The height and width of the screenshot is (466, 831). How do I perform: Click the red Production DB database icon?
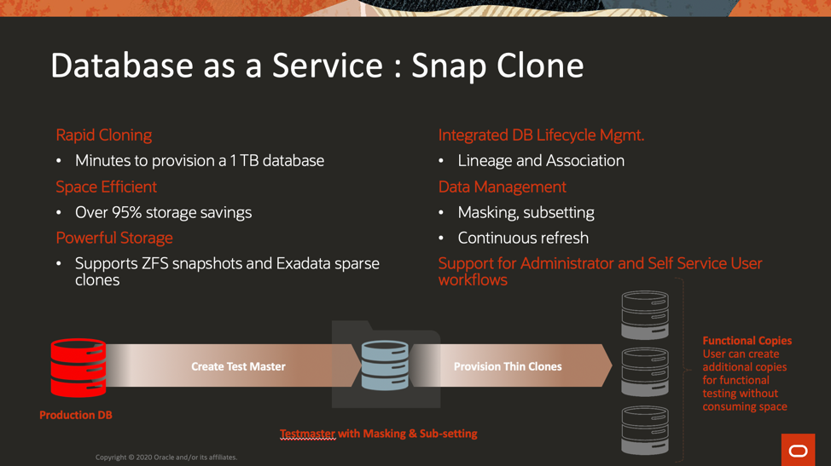pos(78,368)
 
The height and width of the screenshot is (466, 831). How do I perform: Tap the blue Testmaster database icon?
pos(385,365)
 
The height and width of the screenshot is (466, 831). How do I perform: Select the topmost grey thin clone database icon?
pos(645,314)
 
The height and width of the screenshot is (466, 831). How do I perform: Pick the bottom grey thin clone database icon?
pos(645,430)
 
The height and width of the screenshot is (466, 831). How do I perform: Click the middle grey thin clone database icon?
pos(645,372)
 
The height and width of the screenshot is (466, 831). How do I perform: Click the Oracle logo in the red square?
pos(798,450)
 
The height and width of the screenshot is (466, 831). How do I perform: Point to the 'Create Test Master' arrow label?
pos(239,366)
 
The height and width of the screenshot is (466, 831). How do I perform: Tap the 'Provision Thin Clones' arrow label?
pos(508,366)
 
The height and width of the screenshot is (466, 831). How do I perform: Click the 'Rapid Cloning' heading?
pos(104,135)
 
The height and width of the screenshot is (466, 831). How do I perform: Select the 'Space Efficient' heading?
pos(106,187)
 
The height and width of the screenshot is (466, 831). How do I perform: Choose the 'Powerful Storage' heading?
pos(114,238)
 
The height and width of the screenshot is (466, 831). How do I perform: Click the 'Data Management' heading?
pos(502,187)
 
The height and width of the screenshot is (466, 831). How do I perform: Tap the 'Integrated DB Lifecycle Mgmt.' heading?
pos(541,135)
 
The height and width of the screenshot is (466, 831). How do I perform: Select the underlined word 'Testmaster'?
pos(307,434)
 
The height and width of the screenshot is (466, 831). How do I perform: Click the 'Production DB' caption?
pos(76,415)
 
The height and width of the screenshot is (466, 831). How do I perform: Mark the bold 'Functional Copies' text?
pos(747,341)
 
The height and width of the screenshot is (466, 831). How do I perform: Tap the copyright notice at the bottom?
pos(166,457)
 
